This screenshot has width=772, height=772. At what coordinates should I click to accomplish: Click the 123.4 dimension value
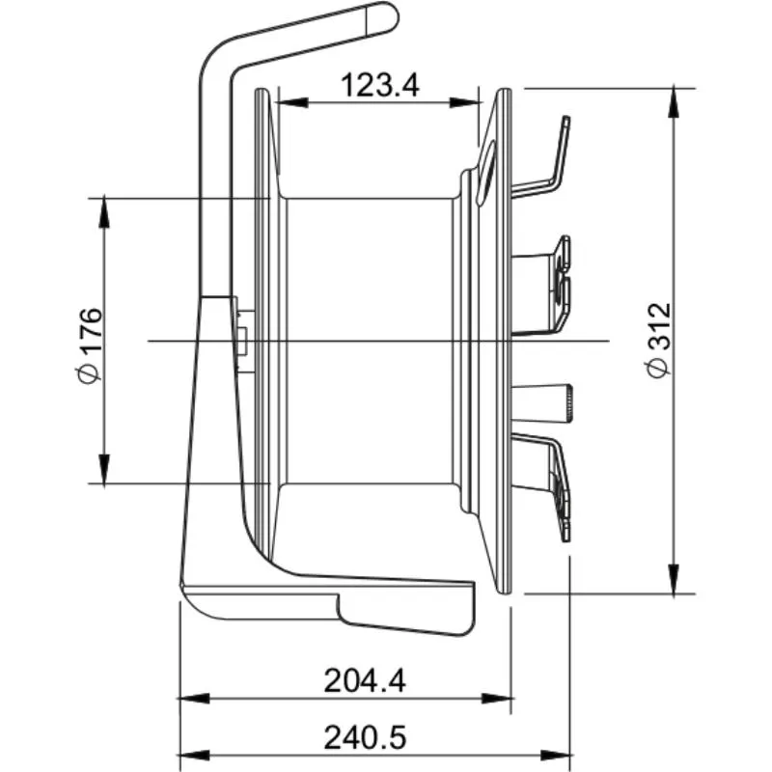pos(380,85)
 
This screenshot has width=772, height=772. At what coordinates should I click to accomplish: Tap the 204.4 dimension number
pos(365,681)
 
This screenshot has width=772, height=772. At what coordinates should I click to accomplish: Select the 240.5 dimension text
pos(365,738)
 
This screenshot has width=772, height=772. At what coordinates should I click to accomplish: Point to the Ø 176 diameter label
pos(91,345)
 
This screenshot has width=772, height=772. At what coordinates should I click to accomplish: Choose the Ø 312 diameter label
pos(659,341)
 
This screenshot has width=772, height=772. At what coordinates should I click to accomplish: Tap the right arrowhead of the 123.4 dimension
pos(466,103)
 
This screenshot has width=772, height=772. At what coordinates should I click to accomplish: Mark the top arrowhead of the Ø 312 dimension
pos(674,103)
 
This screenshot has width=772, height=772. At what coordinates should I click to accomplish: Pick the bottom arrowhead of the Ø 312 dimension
pos(674,579)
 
